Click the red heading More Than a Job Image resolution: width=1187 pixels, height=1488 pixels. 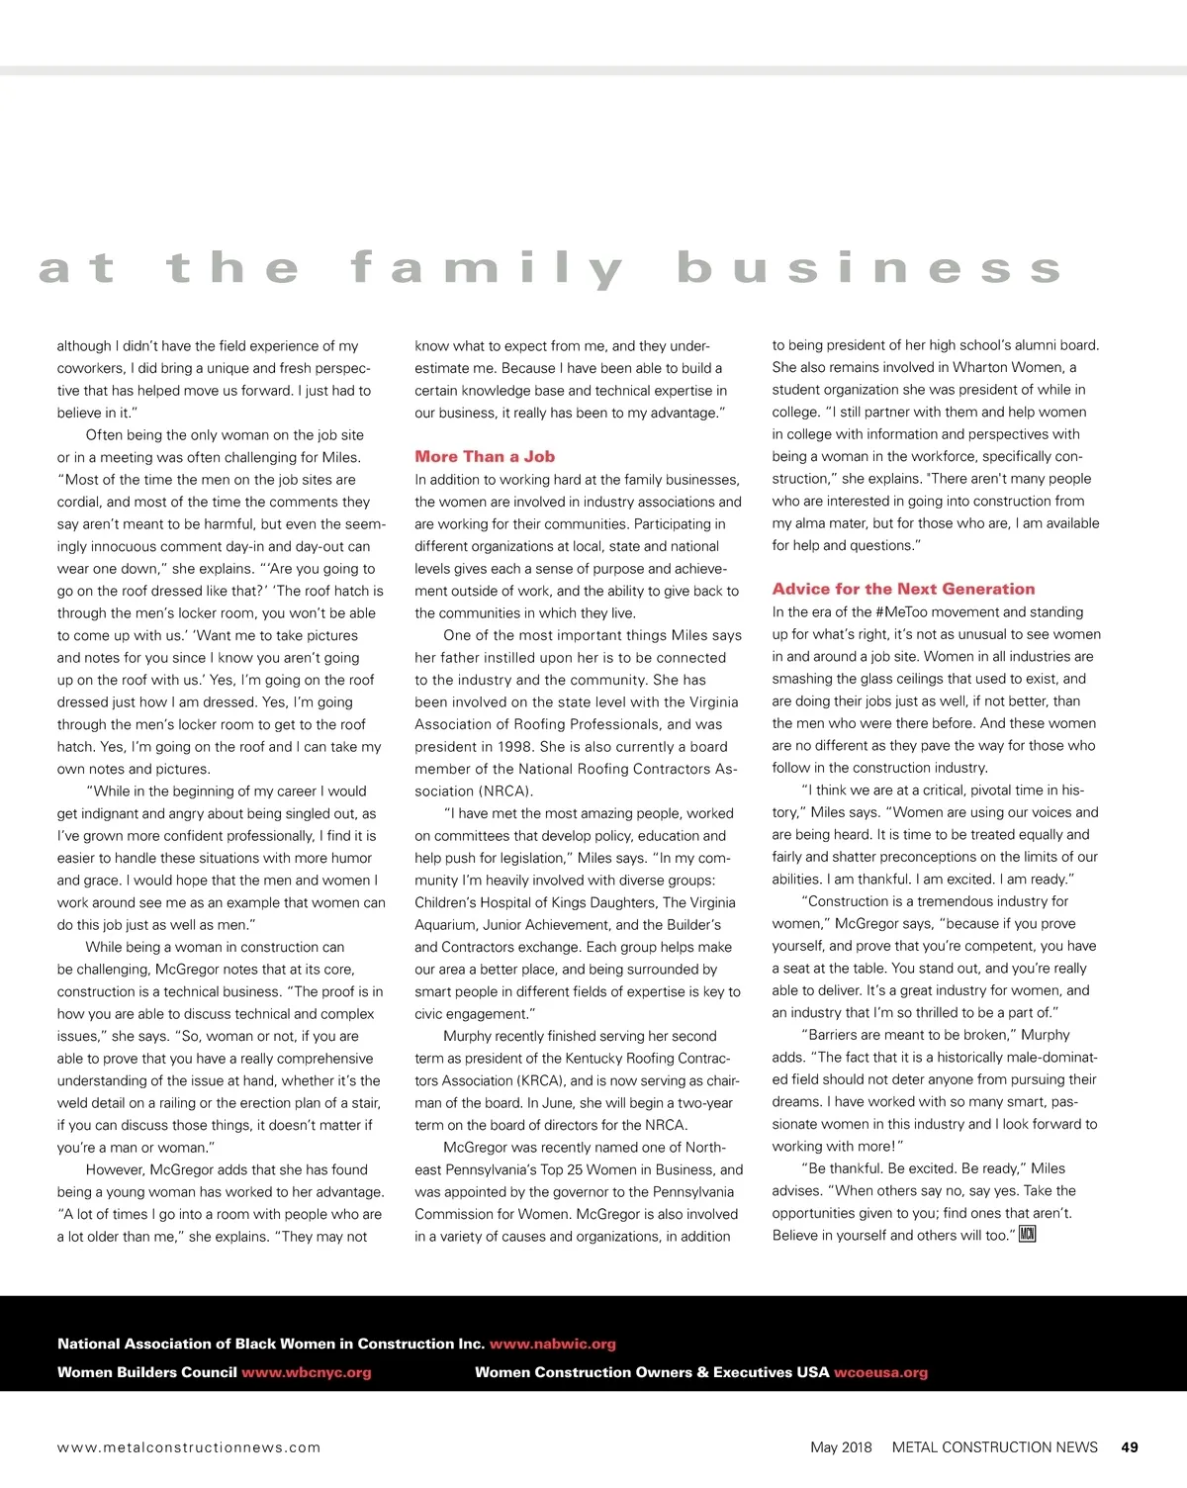click(485, 456)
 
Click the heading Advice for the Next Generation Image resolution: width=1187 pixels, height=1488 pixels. click(903, 589)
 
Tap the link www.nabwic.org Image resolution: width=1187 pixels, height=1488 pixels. click(552, 1344)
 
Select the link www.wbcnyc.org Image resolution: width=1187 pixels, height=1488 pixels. click(307, 1372)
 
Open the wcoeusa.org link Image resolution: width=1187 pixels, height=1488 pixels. click(880, 1372)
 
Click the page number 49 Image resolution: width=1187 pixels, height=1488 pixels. click(1130, 1446)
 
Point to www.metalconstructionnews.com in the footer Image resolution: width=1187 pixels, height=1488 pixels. click(189, 1447)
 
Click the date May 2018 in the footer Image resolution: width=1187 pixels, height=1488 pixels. click(841, 1446)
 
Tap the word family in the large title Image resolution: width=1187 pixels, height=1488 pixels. click(487, 269)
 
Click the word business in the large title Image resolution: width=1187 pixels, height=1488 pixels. click(868, 269)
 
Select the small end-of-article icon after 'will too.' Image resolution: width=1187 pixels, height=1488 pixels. click(1027, 1234)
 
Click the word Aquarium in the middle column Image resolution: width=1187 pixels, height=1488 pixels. click(445, 925)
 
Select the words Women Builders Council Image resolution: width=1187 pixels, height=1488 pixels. click(146, 1372)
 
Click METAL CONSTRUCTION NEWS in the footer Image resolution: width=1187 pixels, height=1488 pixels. click(994, 1446)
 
